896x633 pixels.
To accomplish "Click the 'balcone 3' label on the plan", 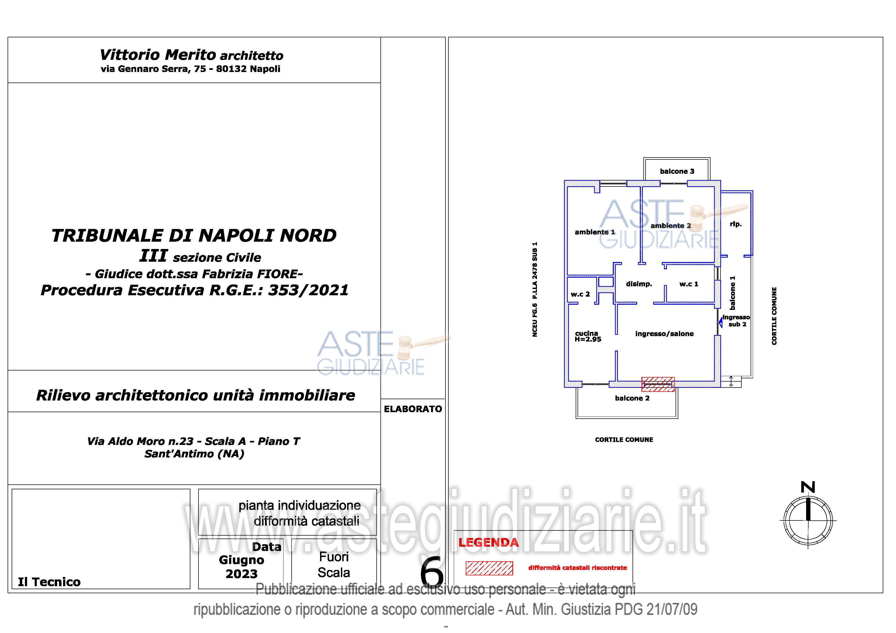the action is pos(677,171).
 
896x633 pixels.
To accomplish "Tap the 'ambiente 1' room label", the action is pos(595,232).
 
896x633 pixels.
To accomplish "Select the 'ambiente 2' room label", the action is pos(670,226).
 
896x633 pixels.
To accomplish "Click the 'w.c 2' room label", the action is pos(580,294).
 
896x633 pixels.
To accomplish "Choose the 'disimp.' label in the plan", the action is pos(639,284).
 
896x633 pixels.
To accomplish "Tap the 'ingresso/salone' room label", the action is pos(664,334).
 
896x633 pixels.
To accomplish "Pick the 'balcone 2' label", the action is pos(632,398).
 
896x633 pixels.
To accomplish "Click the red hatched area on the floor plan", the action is pos(658,384).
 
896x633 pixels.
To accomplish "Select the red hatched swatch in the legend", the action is pos(489,568).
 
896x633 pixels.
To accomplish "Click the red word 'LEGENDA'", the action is pos(488,543).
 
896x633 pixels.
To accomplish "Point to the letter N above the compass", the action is pos(808,487).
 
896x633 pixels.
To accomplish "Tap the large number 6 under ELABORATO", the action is pos(432,573).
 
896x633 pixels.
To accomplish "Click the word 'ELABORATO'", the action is pos(413,409).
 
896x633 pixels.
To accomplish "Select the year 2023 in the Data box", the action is pos(242,574).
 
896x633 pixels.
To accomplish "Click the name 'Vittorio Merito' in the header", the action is pos(158,55).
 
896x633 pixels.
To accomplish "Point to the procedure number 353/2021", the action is pos(308,290).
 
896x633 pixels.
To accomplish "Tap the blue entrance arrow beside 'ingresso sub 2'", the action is pos(720,323).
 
